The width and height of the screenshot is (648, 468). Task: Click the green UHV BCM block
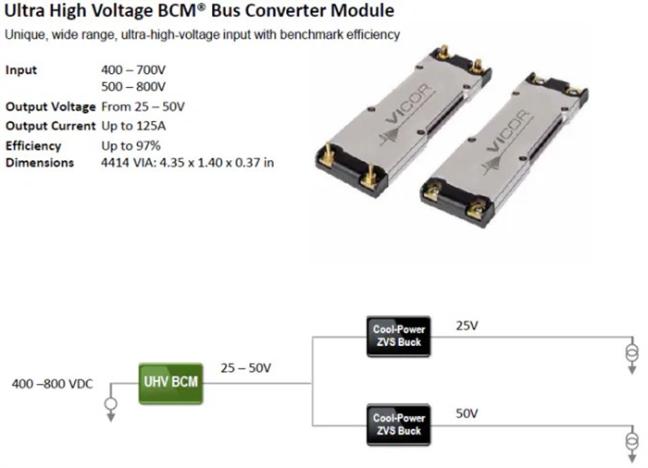170,381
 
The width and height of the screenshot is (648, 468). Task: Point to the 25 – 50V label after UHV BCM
245,368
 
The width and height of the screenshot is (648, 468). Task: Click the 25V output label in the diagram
467,326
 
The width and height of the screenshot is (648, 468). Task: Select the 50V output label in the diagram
467,413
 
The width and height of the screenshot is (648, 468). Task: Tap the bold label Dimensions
40,163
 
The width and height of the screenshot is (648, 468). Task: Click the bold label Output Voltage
50,106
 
